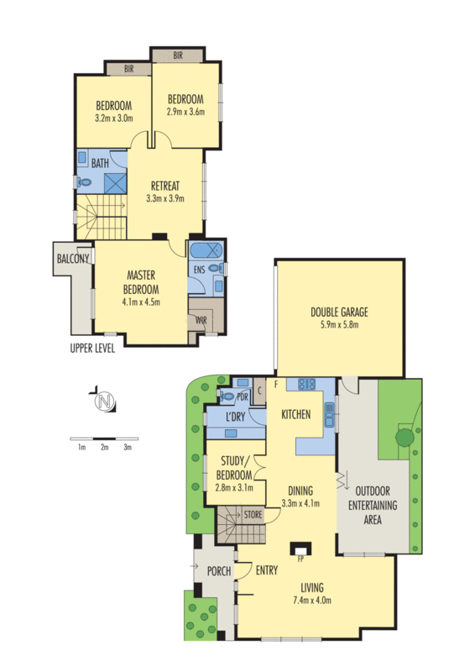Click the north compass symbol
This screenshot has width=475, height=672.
(103, 402)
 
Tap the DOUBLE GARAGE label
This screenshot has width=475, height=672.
(340, 312)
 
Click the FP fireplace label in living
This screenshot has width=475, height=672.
(300, 555)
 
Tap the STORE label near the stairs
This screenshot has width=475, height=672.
(253, 513)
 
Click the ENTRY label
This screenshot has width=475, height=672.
(267, 571)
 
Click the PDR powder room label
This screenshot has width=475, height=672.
(241, 396)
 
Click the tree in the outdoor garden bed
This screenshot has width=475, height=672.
(405, 436)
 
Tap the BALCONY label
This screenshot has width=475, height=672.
(72, 260)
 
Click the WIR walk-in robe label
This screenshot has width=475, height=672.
(201, 320)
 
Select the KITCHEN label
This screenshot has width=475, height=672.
(296, 414)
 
